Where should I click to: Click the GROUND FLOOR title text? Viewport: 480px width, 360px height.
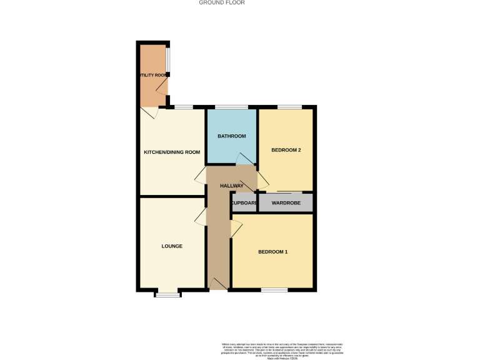coord(222,2)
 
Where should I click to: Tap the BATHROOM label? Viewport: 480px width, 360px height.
coord(231,136)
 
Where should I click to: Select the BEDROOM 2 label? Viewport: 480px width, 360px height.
coord(286,151)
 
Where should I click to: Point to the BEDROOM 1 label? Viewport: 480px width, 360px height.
coord(273,252)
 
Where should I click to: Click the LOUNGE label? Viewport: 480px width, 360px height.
coord(172,246)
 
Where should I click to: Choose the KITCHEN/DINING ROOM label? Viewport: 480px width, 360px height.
coord(172,152)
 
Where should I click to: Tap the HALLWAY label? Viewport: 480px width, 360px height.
coord(231,186)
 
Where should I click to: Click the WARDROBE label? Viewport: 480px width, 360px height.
coord(286,203)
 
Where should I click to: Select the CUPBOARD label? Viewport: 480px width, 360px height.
coord(244,203)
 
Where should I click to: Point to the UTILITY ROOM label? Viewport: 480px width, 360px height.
coord(153,76)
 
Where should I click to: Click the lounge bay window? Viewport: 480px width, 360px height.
coord(167,294)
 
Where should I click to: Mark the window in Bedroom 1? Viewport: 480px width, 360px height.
coord(274,289)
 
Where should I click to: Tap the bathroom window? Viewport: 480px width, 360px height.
coord(231,107)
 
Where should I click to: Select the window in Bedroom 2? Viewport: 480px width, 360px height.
coord(287,107)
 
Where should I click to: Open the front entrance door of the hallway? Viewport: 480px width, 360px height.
coord(218,284)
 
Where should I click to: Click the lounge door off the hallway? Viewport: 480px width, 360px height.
coord(201,217)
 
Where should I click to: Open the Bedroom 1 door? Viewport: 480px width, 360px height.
coord(236,229)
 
